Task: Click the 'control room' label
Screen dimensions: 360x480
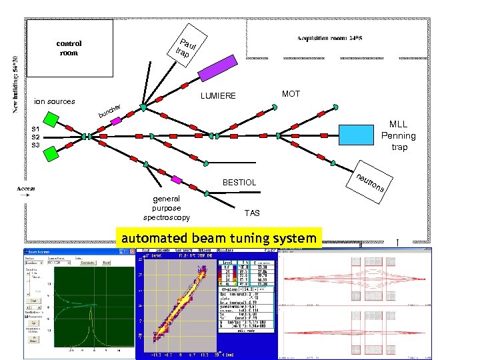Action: coord(69,48)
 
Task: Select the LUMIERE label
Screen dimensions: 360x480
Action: coord(218,96)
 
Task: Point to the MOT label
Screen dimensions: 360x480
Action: coord(291,94)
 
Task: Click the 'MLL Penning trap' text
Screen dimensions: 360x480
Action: coord(399,135)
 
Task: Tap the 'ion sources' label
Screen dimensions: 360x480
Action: coord(55,102)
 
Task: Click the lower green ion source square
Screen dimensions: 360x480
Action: coord(50,153)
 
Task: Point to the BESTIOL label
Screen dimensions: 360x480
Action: coord(239,182)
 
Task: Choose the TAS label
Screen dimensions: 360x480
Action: coord(252,213)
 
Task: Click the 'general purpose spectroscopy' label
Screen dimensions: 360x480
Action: coord(167,208)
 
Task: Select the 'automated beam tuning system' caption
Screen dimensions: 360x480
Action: coord(218,238)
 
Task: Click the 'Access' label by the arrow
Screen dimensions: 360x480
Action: coord(26,189)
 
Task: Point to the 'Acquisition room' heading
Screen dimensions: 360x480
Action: coord(329,39)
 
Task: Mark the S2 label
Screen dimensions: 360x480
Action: coord(35,137)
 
